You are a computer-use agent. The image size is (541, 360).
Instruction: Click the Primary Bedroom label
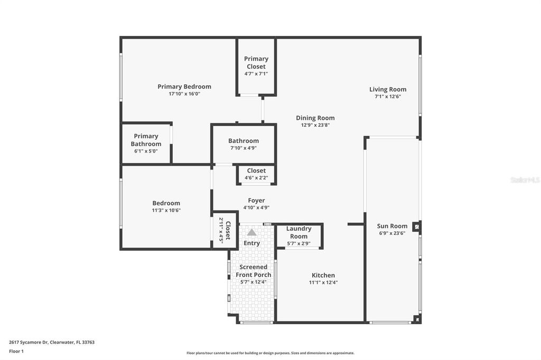coord(184,87)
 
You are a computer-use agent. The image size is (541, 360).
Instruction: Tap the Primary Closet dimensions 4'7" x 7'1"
coord(256,74)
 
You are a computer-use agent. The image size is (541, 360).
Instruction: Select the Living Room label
coord(388,89)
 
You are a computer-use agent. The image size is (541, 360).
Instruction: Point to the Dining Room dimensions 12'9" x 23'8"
coord(315,126)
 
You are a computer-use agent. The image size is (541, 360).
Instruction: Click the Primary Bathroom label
coord(146,140)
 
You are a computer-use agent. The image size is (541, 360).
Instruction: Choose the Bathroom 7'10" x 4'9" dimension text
coord(244,148)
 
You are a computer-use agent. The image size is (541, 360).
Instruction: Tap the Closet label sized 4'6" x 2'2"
coord(256,170)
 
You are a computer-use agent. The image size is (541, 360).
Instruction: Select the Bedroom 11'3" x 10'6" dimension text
coord(166,210)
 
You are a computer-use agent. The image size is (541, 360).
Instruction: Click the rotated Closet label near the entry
coord(228,231)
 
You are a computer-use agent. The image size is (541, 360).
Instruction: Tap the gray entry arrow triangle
coord(252,232)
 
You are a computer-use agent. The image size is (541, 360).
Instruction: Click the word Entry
coord(252,243)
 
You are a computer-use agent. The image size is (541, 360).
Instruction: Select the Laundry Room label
coord(299,232)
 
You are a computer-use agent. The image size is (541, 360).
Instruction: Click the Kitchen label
coord(323,275)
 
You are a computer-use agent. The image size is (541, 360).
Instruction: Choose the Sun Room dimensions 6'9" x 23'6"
coord(392,233)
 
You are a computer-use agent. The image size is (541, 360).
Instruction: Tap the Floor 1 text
coord(16,351)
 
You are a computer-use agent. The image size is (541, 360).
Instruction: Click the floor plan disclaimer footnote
coord(270,353)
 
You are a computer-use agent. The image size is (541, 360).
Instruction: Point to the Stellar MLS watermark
coord(525,180)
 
